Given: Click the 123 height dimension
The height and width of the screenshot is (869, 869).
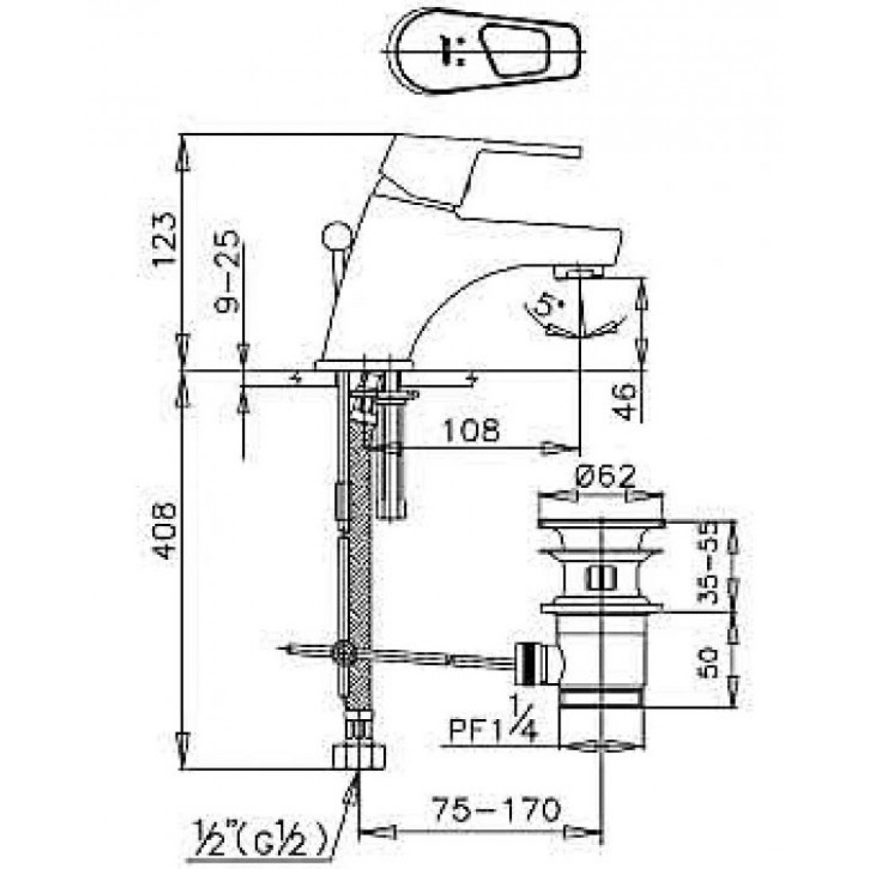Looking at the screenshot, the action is click(166, 239).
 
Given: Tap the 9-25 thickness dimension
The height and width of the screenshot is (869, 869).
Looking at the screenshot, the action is click(228, 271).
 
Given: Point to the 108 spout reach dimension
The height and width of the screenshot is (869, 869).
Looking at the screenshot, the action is click(471, 431).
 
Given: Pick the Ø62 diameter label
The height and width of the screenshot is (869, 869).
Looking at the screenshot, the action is click(604, 476).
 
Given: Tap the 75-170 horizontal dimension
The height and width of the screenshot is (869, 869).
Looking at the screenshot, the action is click(496, 811).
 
